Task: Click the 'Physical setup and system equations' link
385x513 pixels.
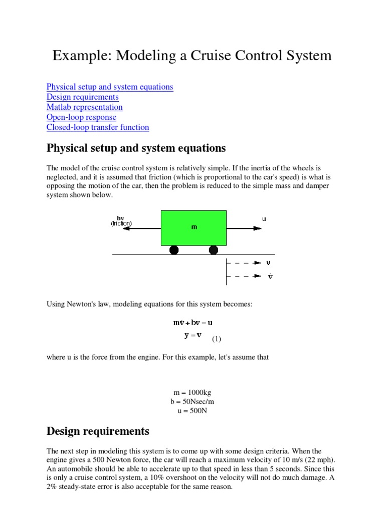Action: coord(110,87)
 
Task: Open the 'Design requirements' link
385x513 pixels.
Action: coord(83,97)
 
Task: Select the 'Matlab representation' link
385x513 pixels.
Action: coord(85,107)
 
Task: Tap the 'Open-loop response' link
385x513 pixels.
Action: coord(81,117)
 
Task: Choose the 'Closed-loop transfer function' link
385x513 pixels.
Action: coord(98,127)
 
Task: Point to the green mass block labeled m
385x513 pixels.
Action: coord(194,227)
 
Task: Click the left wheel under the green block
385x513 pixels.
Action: coord(174,250)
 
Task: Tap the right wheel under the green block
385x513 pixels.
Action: coord(213,250)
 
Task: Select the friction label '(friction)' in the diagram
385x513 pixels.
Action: coord(121,223)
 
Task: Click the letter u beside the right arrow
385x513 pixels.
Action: coord(264,218)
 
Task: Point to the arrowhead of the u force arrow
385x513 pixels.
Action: coord(258,228)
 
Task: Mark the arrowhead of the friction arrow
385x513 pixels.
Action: coord(126,228)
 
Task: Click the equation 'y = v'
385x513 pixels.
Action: coord(192,335)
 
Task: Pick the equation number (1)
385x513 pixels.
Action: coord(216,339)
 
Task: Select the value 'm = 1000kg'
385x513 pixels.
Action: coord(192,393)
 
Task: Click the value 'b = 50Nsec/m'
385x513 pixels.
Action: coord(192,402)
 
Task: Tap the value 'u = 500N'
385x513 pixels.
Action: coord(192,411)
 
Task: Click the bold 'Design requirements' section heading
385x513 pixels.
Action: coord(98,431)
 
